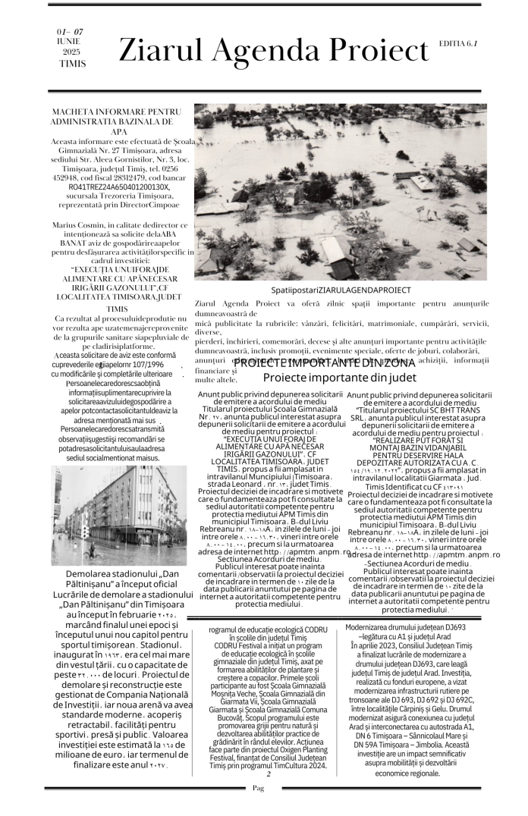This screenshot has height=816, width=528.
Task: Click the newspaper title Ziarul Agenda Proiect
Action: (x=273, y=51)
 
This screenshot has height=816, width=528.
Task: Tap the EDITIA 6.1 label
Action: (x=457, y=44)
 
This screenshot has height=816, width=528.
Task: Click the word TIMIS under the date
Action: (x=73, y=64)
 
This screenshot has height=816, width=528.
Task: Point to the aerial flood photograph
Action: (x=340, y=193)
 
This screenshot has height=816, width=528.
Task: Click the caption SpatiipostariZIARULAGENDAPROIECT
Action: (x=341, y=290)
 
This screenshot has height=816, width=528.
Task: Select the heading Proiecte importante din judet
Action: (x=340, y=377)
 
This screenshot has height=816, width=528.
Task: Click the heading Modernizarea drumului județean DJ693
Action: (x=416, y=627)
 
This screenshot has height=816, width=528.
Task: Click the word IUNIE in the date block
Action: (x=68, y=41)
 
